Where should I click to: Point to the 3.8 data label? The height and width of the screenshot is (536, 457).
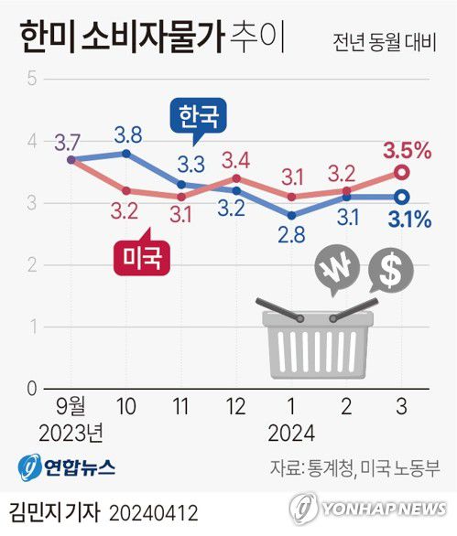(128, 134)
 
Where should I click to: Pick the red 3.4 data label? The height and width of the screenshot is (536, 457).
(237, 157)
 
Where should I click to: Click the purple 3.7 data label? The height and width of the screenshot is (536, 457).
(69, 142)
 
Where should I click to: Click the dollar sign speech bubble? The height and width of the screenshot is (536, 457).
(389, 270)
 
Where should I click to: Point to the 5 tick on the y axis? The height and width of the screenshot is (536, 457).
(31, 79)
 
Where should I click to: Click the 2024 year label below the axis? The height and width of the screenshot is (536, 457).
(292, 431)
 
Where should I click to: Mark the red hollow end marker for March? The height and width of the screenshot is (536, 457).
(402, 172)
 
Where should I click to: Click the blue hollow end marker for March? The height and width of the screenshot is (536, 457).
(402, 197)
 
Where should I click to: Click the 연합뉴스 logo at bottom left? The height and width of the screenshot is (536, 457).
(66, 466)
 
